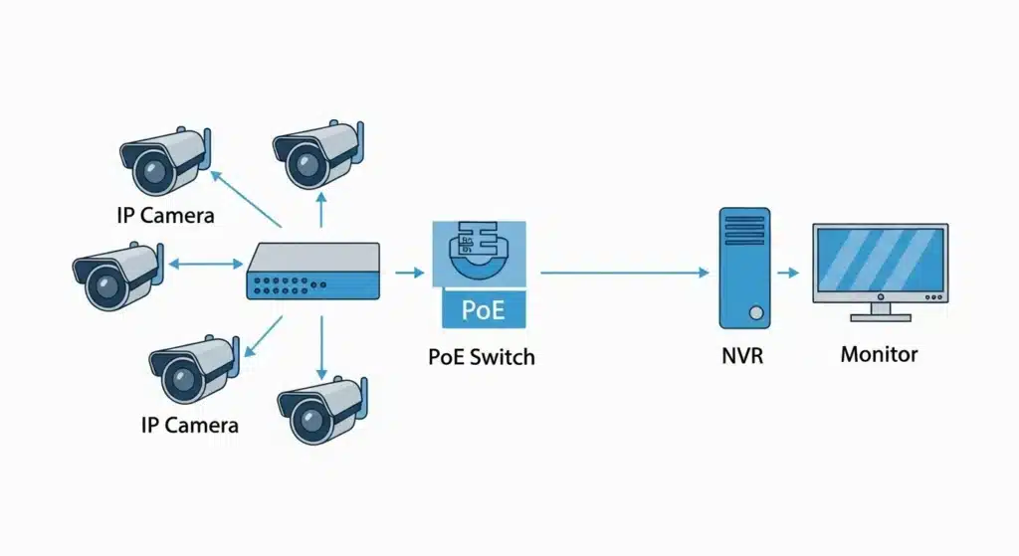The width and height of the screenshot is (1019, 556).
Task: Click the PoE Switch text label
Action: [482, 356]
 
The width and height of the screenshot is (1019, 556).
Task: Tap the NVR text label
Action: [741, 355]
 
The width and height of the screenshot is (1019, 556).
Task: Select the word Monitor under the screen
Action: [879, 354]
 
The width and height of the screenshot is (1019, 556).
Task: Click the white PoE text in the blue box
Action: [483, 309]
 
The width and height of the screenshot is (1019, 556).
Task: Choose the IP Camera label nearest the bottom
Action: [189, 425]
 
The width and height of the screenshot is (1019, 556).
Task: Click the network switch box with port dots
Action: [312, 272]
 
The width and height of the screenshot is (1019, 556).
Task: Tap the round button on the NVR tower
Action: [756, 313]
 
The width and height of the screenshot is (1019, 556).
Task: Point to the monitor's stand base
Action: [880, 317]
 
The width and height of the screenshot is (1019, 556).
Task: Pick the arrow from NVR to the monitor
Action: [788, 272]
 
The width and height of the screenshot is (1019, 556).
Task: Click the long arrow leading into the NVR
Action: [622, 272]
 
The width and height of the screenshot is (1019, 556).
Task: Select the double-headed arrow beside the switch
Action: [206, 265]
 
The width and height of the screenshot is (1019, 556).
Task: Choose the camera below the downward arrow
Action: [317, 408]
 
